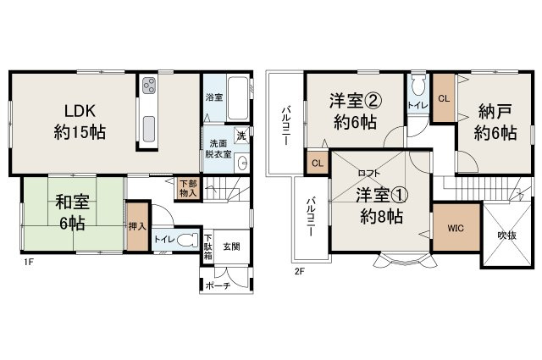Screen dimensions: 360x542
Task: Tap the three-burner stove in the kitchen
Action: pos(150,87)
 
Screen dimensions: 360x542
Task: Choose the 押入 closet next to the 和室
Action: pos(135,226)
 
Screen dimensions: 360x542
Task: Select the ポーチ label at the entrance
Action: pos(216,285)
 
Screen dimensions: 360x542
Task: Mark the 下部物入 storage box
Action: pos(188,188)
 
